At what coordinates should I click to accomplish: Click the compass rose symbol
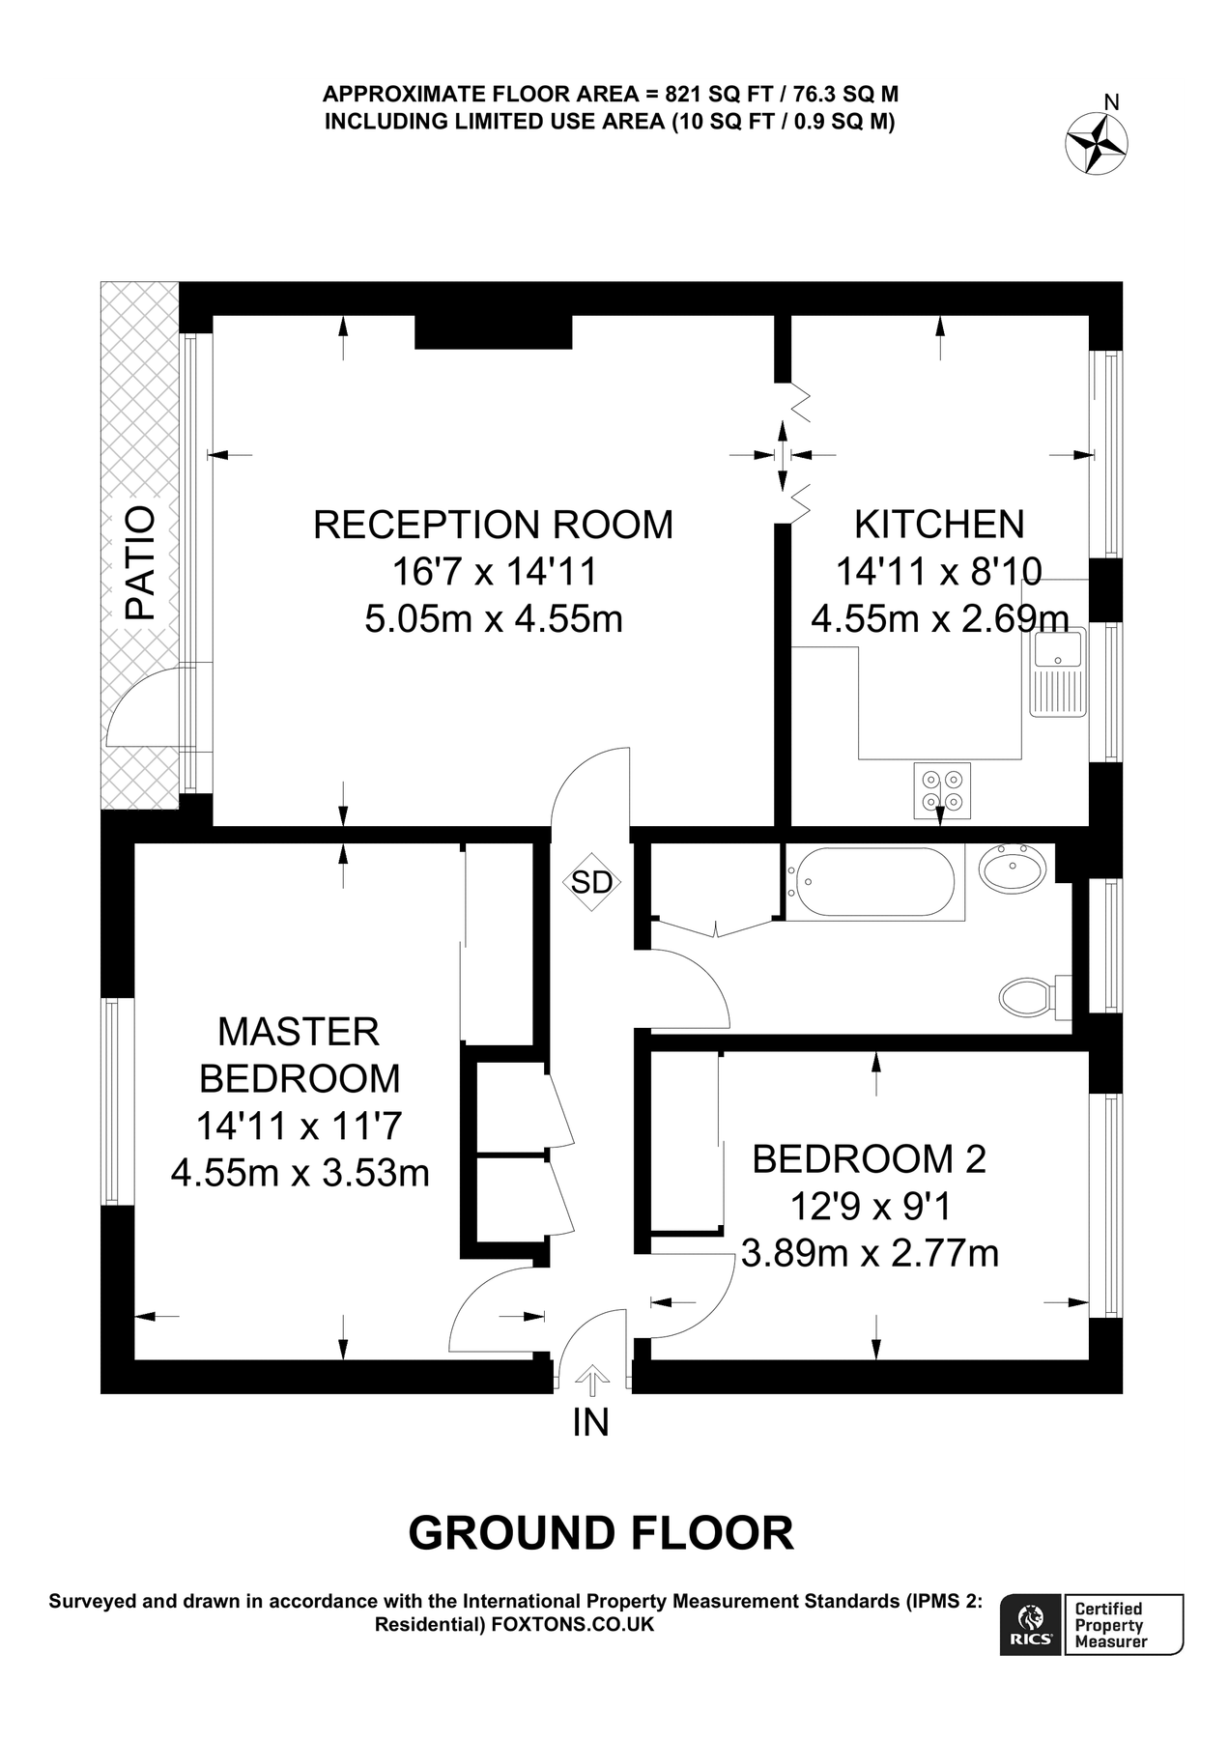point(1097,144)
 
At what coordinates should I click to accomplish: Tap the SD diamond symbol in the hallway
point(591,882)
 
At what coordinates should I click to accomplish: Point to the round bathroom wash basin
point(1012,868)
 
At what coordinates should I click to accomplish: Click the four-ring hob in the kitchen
point(942,790)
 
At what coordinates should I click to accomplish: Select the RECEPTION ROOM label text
point(493,525)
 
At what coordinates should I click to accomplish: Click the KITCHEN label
point(938,524)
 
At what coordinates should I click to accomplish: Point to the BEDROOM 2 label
point(869,1159)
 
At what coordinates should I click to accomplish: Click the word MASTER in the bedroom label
point(299,1032)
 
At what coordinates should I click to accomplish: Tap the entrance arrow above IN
point(591,1380)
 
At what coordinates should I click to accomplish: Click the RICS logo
point(1030,1625)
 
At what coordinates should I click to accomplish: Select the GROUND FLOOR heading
point(601,1533)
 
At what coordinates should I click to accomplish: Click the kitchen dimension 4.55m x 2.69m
point(938,618)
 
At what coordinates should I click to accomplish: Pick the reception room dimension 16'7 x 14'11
point(494,572)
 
